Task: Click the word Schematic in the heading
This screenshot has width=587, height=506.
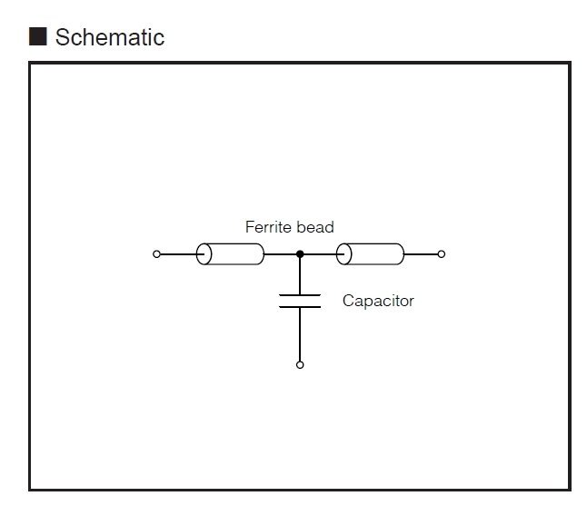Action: click(x=110, y=37)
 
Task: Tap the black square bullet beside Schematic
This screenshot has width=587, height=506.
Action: click(x=38, y=36)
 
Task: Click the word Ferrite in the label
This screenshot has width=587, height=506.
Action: click(x=268, y=227)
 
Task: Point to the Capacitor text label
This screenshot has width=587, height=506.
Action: click(x=378, y=301)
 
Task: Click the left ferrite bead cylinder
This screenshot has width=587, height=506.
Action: click(x=230, y=254)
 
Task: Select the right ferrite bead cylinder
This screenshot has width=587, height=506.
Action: click(x=370, y=254)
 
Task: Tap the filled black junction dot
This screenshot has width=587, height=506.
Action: click(x=300, y=254)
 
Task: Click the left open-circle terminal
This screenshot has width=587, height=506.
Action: click(x=156, y=254)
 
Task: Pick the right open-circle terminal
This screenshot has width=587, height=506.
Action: click(x=442, y=254)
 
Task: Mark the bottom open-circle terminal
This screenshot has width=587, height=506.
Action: click(x=300, y=365)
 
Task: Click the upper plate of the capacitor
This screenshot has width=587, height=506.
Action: click(x=300, y=295)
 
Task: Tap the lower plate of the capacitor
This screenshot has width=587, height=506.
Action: click(x=300, y=307)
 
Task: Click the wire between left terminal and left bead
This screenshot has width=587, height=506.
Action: click(x=178, y=254)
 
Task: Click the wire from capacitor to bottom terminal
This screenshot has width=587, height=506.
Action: click(x=300, y=334)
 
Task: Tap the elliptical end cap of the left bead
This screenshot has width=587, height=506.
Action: click(x=204, y=254)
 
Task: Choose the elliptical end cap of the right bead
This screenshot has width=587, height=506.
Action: click(x=344, y=254)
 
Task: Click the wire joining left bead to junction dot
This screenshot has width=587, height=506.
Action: click(x=281, y=254)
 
